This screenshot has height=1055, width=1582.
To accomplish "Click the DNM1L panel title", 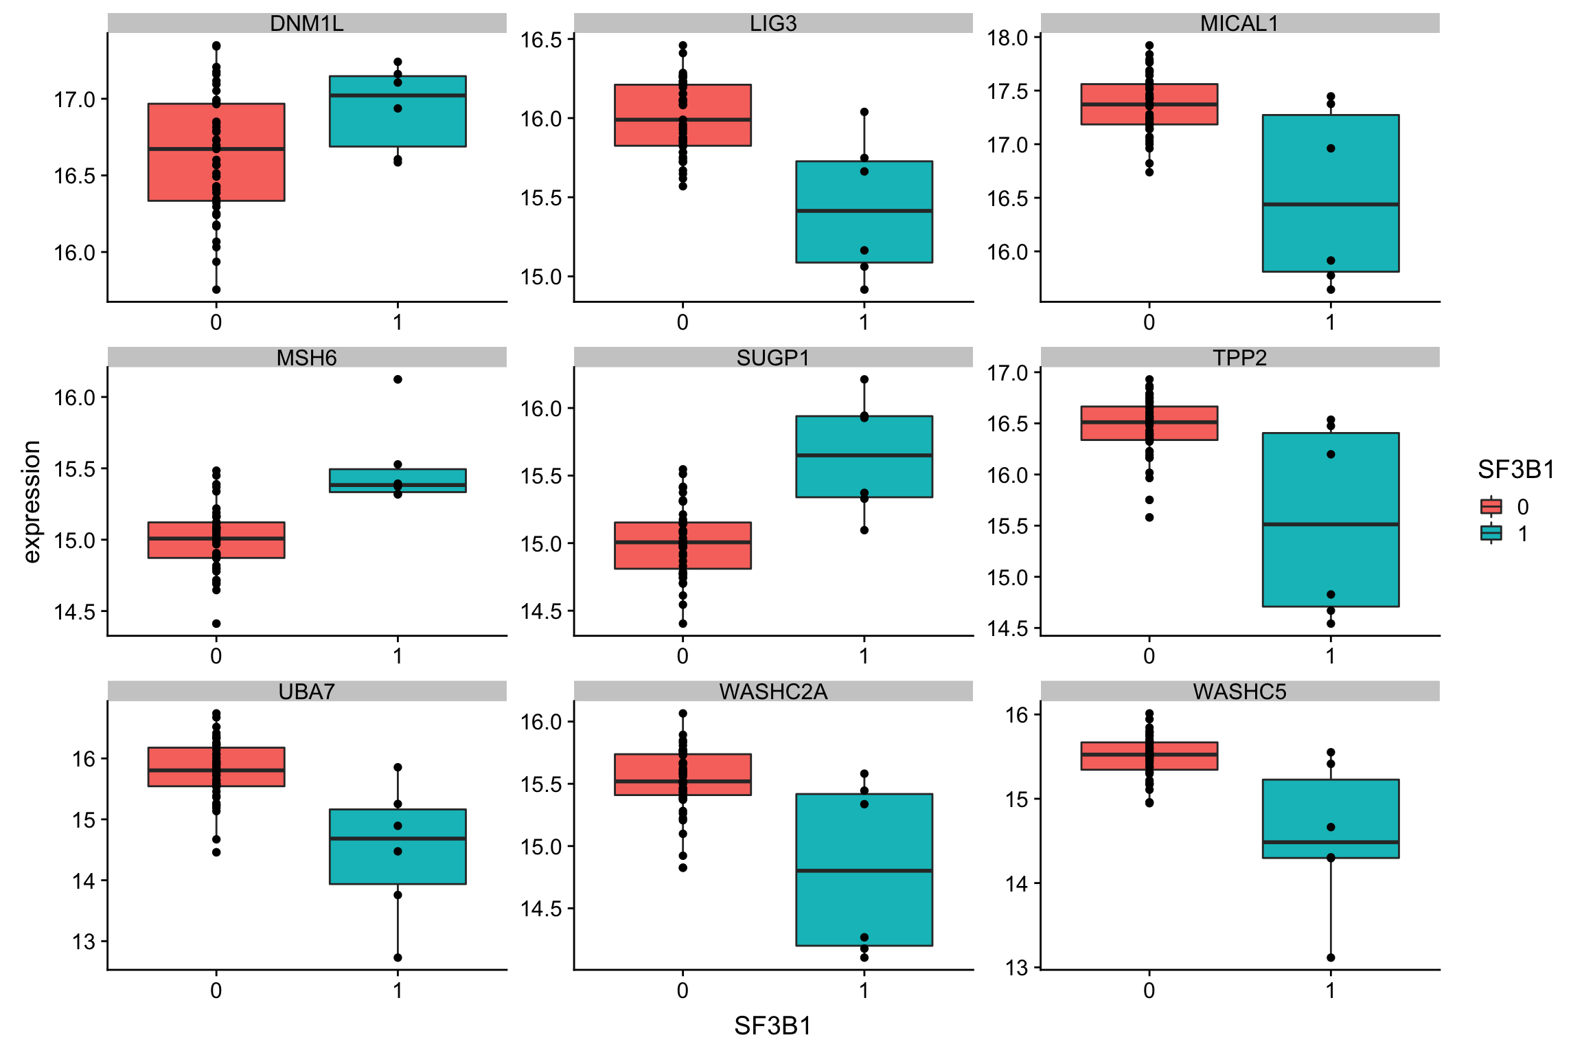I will pyautogui.click(x=306, y=23).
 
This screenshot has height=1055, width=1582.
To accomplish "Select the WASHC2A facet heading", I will pyautogui.click(x=773, y=691).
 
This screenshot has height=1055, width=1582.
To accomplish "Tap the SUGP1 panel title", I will pyautogui.click(x=773, y=357).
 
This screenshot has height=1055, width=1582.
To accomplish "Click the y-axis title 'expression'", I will pyautogui.click(x=32, y=501).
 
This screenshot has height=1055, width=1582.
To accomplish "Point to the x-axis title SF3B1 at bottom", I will pyautogui.click(x=773, y=1025).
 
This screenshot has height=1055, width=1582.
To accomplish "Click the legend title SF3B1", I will pyautogui.click(x=1516, y=470).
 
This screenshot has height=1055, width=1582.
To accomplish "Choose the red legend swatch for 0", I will pyautogui.click(x=1491, y=507).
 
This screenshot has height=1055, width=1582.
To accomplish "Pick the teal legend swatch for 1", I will pyautogui.click(x=1491, y=534).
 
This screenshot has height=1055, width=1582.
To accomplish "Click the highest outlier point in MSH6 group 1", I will pyautogui.click(x=398, y=379).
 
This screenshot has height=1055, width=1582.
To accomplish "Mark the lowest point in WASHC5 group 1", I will pyautogui.click(x=1331, y=957).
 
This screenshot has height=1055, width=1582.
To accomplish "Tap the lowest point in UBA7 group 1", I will pyautogui.click(x=398, y=957).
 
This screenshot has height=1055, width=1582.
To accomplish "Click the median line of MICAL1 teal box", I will pyautogui.click(x=1331, y=204).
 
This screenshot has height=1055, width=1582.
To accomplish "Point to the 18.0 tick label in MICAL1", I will pyautogui.click(x=1007, y=38).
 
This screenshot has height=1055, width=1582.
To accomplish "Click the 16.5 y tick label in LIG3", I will pyautogui.click(x=541, y=40).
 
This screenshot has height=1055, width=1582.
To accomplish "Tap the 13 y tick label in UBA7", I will pyautogui.click(x=84, y=942).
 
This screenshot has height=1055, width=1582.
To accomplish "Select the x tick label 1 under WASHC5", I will pyautogui.click(x=1331, y=990).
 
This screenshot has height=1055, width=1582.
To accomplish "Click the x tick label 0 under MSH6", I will pyautogui.click(x=216, y=657).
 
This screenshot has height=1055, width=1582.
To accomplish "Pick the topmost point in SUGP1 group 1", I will pyautogui.click(x=864, y=379).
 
